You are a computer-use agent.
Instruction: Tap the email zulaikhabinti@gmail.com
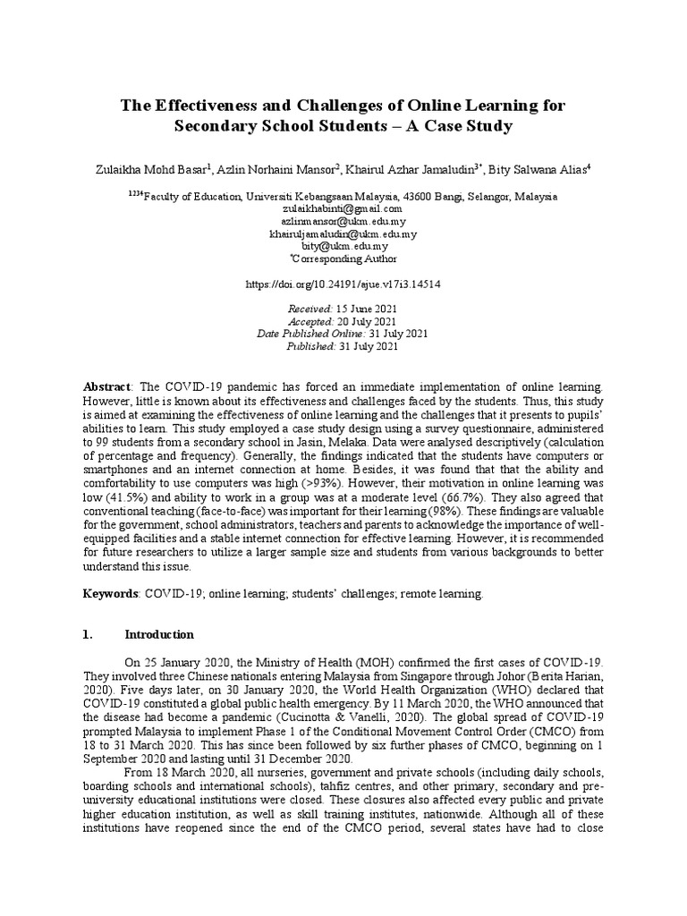pyautogui.click(x=343, y=208)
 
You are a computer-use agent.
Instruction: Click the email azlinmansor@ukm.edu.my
pyautogui.click(x=343, y=221)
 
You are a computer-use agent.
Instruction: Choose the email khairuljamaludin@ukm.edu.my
pyautogui.click(x=343, y=233)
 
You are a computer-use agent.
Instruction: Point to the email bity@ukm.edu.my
pyautogui.click(x=343, y=246)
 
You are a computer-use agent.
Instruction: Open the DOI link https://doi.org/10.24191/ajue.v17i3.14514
pyautogui.click(x=343, y=284)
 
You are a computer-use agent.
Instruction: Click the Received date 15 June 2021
pyautogui.click(x=366, y=309)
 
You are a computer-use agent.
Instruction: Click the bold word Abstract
pyautogui.click(x=106, y=386)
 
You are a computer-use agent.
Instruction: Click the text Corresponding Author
pyautogui.click(x=345, y=259)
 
